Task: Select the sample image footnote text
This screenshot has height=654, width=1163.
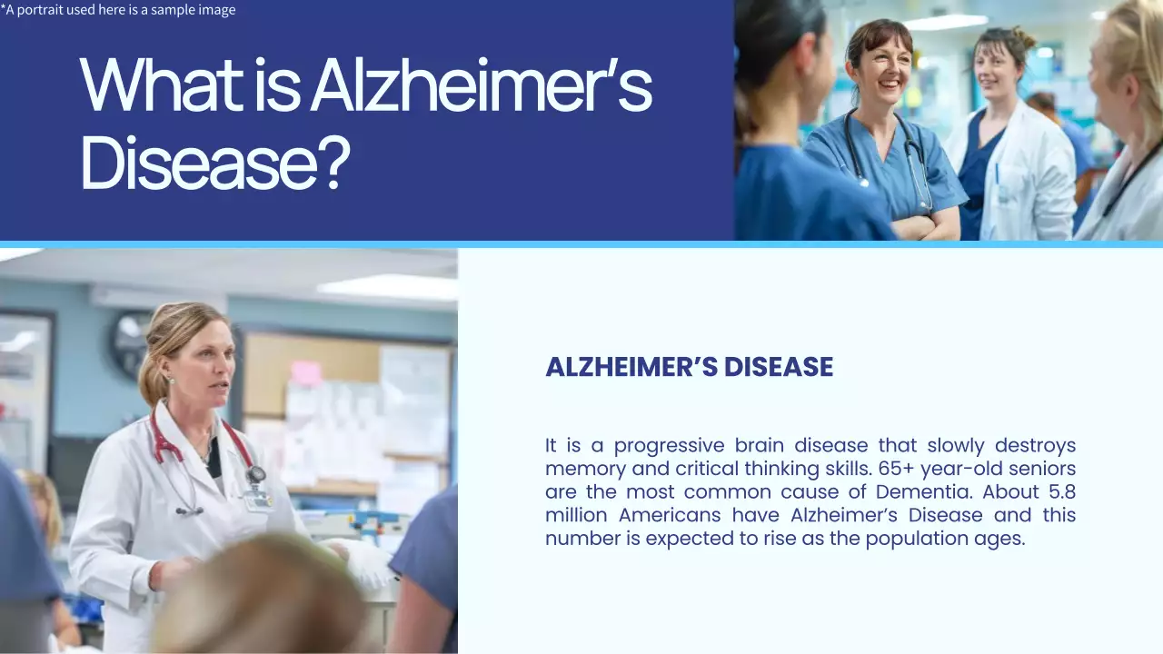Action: coord(118,10)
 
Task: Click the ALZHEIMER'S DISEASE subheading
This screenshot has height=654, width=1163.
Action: coord(689,367)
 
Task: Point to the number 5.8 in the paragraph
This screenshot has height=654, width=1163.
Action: coord(1057,492)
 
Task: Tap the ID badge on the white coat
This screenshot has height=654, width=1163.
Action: coord(257,499)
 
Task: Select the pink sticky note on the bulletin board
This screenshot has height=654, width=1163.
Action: coord(305,372)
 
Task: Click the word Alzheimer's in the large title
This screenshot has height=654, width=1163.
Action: coord(481,84)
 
